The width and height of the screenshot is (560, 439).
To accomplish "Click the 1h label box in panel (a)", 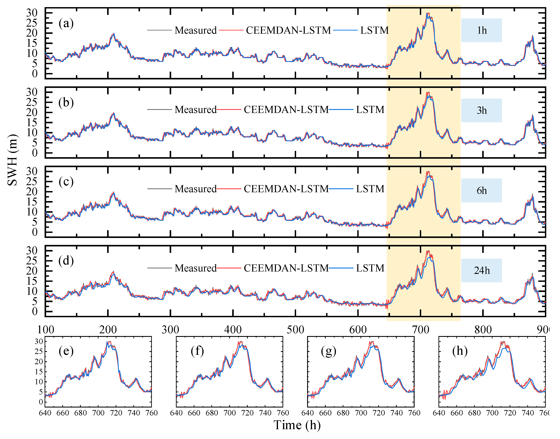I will (481, 30).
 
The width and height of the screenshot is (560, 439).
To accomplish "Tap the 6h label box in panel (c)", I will (481, 191).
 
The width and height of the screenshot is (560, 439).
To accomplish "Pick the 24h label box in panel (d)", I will (481, 270).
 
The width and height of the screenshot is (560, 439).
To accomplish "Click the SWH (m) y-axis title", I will (12, 160).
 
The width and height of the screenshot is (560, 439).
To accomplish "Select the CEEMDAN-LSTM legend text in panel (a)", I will (288, 30).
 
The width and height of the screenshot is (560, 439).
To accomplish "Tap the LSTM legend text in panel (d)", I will (370, 268).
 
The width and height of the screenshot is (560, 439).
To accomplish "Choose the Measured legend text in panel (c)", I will (195, 189).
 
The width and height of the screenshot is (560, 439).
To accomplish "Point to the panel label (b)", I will (66, 103).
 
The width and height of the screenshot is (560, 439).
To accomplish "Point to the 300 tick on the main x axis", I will (170, 330).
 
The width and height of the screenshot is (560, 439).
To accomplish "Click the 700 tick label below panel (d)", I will (421, 330).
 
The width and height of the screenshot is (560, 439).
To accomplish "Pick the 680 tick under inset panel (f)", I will (212, 413).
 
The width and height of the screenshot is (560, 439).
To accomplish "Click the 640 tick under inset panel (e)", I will (45, 413).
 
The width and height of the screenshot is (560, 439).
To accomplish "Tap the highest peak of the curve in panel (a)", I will (427, 13).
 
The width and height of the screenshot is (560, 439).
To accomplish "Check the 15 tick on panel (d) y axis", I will (32, 281).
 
